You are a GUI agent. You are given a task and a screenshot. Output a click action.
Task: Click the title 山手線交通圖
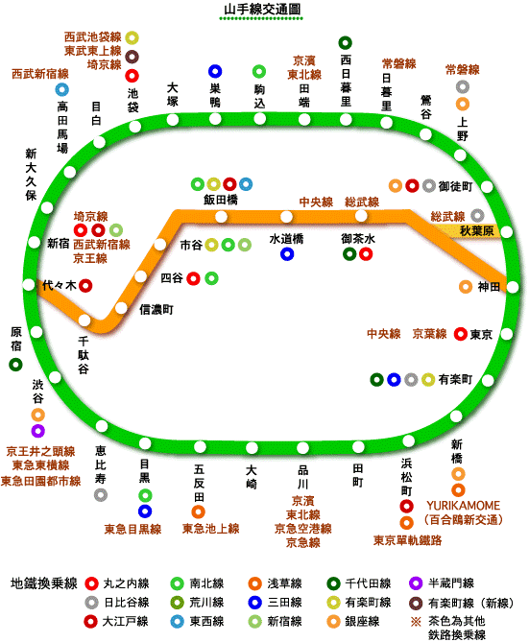click(x=262, y=9)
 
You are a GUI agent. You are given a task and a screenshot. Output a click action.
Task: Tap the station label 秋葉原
click(x=477, y=231)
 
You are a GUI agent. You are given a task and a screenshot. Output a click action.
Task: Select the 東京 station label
click(x=481, y=335)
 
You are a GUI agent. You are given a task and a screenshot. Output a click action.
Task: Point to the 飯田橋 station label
click(x=221, y=200)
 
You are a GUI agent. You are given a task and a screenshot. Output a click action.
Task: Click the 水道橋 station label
click(x=286, y=239)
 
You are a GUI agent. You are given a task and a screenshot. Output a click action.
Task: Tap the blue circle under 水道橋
click(x=287, y=254)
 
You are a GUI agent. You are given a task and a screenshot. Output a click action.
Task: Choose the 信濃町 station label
click(x=156, y=310)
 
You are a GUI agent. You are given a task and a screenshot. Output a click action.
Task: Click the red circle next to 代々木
click(x=85, y=285)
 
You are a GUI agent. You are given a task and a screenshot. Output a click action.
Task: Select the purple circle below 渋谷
click(x=37, y=431)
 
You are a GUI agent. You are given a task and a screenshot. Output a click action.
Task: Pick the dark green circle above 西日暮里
click(x=346, y=42)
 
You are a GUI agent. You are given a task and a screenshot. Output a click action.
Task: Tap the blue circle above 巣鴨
click(x=215, y=71)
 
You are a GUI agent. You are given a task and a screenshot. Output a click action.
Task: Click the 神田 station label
click(x=489, y=287)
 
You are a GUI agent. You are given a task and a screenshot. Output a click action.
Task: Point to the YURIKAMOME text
click(x=463, y=505)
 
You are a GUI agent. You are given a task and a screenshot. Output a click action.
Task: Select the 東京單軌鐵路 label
click(x=407, y=540)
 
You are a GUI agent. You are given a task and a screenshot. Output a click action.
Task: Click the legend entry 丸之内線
click(x=126, y=583)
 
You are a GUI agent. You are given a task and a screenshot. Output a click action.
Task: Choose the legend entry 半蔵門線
click(x=450, y=583)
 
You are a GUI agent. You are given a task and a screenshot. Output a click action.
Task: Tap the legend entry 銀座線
click(x=362, y=621)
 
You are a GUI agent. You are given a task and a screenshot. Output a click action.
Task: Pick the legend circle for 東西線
click(x=177, y=622)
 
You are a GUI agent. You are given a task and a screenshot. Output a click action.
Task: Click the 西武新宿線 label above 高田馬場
click(x=39, y=74)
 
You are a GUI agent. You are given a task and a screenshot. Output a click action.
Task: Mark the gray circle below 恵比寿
click(x=101, y=494)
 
